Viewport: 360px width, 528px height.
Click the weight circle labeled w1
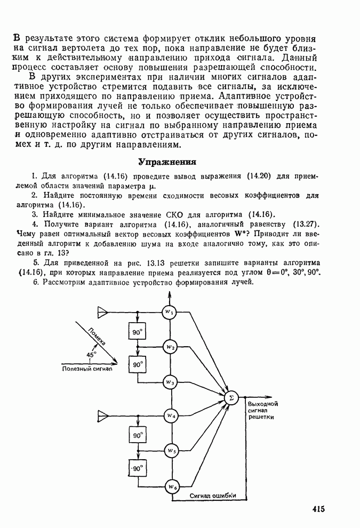pos(170,312)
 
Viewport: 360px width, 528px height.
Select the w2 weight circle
pos(170,347)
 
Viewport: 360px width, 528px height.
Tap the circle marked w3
pos(170,382)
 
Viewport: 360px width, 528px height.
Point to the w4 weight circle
pos(170,415)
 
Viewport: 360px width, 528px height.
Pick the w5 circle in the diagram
pos(170,451)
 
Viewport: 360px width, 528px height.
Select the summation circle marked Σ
pos(231,398)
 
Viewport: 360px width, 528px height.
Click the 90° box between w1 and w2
pos(138,332)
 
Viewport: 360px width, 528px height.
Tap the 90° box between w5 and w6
pos(138,469)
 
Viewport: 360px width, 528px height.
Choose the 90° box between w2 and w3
pos(138,365)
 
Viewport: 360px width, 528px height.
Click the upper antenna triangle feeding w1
pos(102,312)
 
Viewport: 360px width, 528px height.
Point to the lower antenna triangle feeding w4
pos(102,415)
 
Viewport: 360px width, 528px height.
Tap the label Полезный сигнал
pos(87,369)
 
